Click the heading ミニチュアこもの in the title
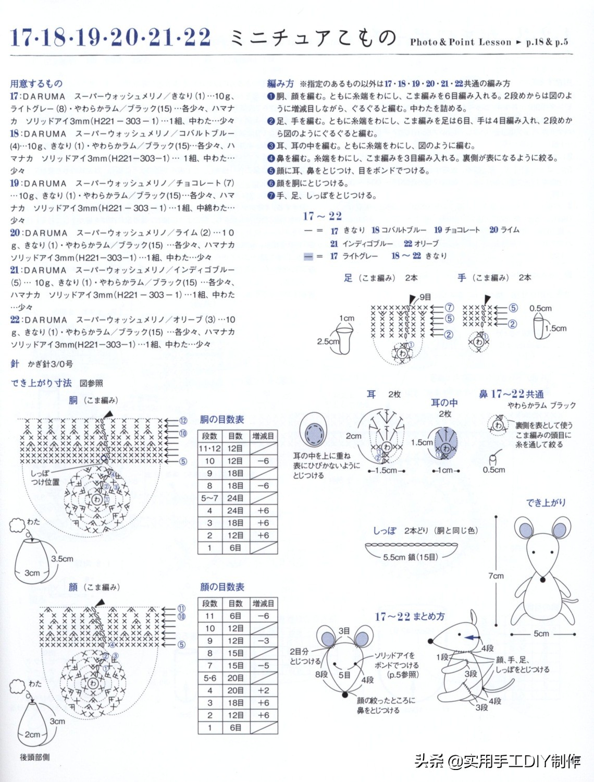[x=313, y=38]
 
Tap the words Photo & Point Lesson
[x=460, y=42]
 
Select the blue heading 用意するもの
[x=36, y=83]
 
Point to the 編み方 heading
[x=280, y=83]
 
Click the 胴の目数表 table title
[x=222, y=419]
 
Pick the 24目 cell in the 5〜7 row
[x=235, y=498]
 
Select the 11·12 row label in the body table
[x=209, y=448]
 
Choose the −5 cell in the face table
[x=263, y=665]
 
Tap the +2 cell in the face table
[x=263, y=690]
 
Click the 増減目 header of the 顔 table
[x=263, y=603]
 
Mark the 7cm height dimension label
[x=496, y=576]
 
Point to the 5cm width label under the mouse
[x=541, y=633]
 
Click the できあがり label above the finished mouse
[x=546, y=503]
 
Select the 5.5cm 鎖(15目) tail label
[x=410, y=557]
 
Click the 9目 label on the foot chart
[x=425, y=297]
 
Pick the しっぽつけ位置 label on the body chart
[x=45, y=478]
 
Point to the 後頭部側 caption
[x=35, y=757]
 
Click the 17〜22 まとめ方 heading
[x=410, y=616]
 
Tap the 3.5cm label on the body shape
[x=62, y=558]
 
